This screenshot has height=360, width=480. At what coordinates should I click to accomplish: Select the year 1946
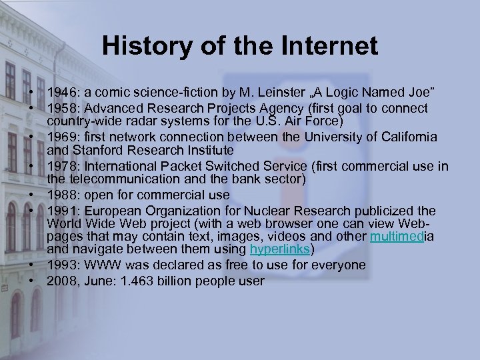pos(62,91)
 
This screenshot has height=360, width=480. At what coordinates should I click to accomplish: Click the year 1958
pos(62,108)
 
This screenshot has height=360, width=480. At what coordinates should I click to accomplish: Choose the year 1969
pos(62,137)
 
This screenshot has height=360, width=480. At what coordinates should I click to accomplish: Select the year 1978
pos(62,166)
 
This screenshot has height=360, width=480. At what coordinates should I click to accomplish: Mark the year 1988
pos(62,195)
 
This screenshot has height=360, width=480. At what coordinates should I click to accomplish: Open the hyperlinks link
pos(280,249)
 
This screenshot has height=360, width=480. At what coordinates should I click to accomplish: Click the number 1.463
pos(141,281)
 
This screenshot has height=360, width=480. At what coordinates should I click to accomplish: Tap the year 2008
pos(62,281)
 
